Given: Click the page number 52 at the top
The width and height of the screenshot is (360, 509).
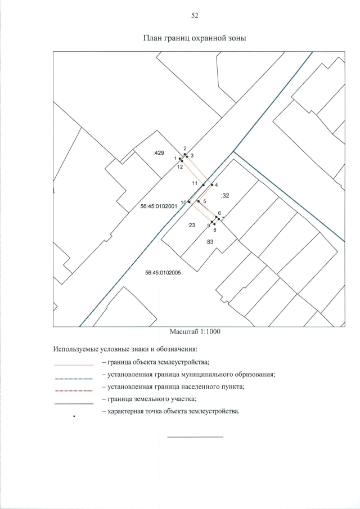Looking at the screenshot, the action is point(195,16).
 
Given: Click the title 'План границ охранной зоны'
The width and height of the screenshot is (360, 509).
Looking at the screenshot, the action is point(195,38).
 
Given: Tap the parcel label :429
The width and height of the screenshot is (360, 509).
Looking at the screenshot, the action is point(159,152).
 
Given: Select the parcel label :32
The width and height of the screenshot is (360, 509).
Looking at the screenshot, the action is point(225,195).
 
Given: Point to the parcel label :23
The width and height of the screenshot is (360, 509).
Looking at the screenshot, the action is point(191,225).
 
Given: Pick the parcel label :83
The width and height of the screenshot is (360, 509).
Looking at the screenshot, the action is point(209,241).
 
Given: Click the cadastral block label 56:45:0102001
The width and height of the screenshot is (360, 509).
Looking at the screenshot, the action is point(159,206).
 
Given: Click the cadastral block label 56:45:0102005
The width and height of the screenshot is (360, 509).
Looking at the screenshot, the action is point(163,273).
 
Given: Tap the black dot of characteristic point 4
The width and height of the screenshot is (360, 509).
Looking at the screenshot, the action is point(212,184).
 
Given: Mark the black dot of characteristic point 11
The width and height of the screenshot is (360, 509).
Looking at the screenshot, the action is point(204,185).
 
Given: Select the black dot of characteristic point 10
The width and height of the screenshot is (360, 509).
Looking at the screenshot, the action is point(189,202).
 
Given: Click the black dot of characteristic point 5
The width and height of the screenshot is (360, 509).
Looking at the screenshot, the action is point(199,201).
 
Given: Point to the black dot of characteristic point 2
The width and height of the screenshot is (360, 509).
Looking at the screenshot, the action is point(184,154).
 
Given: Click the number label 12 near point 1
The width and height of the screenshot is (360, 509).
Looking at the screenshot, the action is point(180,167).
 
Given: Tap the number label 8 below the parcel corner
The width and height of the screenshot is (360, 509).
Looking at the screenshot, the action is point(214,230).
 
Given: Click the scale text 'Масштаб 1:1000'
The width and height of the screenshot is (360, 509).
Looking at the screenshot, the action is point(195,332).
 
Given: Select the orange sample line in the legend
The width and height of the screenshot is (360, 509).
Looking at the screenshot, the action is point(74,365).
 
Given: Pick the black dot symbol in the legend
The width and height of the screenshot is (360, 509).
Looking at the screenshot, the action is point(74,416).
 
